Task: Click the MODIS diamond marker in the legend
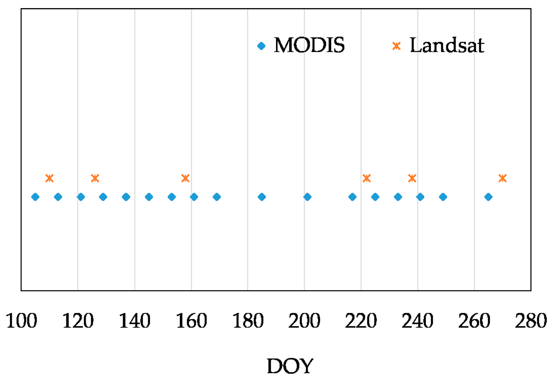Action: (x=261, y=46)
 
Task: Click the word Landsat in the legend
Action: (x=447, y=45)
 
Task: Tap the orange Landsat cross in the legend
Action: (x=396, y=46)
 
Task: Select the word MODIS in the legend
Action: (x=309, y=45)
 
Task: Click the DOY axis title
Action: (x=290, y=366)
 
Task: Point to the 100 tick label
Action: (x=21, y=321)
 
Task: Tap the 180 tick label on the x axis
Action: (x=248, y=321)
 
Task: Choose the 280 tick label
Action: (x=531, y=321)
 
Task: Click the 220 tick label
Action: (x=361, y=321)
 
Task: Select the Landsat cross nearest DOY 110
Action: (x=49, y=178)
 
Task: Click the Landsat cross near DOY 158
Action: (x=185, y=178)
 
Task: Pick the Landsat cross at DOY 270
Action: (x=503, y=178)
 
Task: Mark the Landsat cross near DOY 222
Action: (x=367, y=178)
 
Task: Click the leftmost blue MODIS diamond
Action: (x=35, y=197)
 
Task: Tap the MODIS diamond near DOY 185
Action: (x=262, y=197)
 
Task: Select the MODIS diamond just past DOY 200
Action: (x=307, y=197)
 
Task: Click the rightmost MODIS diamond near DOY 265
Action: (x=488, y=197)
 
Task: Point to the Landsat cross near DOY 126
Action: (x=95, y=178)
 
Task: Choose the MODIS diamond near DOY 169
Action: (x=217, y=197)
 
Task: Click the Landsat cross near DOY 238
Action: (x=412, y=178)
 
